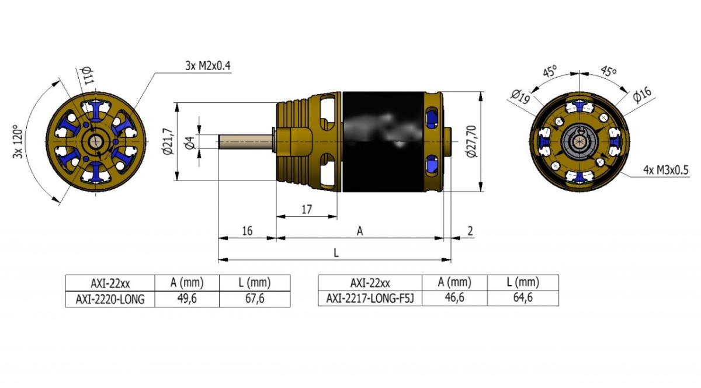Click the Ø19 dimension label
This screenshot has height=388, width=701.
point(520,95)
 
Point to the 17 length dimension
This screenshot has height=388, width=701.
point(307,209)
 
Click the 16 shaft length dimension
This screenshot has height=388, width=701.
point(247,231)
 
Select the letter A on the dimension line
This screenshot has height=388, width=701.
point(360,231)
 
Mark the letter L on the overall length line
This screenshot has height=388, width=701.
point(336,252)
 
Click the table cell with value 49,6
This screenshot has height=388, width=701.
point(186,299)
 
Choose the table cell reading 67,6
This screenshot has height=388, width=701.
point(254,299)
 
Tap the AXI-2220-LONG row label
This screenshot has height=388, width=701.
point(109,299)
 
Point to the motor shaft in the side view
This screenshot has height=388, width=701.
point(245,142)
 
